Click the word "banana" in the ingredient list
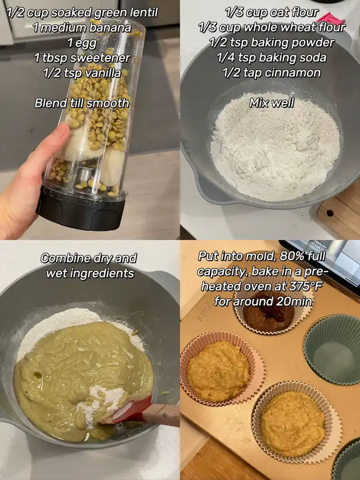pyautogui.click(x=110, y=28)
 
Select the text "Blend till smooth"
pyautogui.click(x=82, y=103)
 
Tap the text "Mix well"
pyautogui.click(x=272, y=103)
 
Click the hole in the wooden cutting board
pyautogui.click(x=330, y=213)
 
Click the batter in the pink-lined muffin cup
pyautogui.click(x=218, y=371)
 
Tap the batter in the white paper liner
pyautogui.click(x=293, y=423)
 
